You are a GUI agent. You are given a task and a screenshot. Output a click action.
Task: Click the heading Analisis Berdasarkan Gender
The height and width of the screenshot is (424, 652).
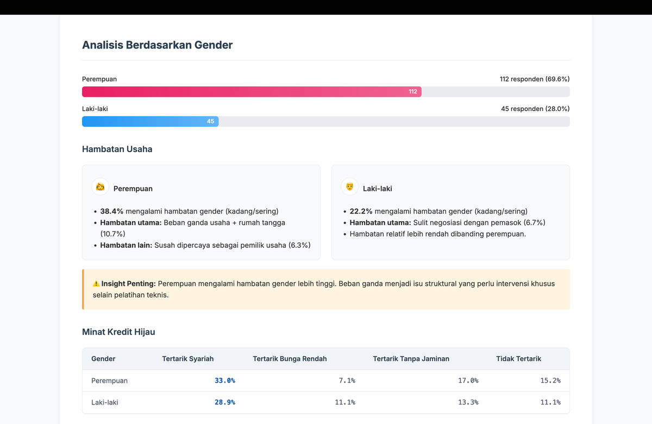[x=157, y=45]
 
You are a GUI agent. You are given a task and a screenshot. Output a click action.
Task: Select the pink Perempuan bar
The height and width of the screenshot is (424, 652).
[x=252, y=91]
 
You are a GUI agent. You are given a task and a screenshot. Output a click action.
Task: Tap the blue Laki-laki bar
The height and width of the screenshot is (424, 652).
[x=150, y=121]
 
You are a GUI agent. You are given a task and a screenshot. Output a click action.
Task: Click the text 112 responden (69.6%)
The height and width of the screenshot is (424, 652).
[x=535, y=79]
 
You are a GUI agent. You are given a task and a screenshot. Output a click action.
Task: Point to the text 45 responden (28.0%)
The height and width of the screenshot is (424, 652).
[x=535, y=109]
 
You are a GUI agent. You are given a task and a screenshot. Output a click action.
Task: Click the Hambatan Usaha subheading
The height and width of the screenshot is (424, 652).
[x=117, y=149]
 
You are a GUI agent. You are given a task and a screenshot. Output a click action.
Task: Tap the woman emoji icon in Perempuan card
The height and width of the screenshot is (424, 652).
[x=101, y=187]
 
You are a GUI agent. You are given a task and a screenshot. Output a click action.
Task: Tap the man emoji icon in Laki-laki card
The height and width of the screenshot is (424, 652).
[x=350, y=187]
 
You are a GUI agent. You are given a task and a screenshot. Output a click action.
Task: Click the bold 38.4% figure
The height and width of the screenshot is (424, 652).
[x=112, y=211]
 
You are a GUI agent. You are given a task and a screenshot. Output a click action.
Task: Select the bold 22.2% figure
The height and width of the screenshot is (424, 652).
[x=361, y=211]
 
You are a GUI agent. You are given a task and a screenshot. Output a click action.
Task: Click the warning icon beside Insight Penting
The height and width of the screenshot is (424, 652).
[x=96, y=284]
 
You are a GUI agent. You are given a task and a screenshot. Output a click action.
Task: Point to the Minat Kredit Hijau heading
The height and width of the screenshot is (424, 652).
[x=118, y=332]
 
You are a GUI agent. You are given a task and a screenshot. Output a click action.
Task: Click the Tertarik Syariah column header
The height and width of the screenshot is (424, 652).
[x=188, y=359]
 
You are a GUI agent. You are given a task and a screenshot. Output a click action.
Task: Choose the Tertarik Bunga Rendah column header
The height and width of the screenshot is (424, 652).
[x=290, y=359]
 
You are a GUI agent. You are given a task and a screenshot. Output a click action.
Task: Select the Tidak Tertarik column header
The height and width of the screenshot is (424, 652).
[x=518, y=359]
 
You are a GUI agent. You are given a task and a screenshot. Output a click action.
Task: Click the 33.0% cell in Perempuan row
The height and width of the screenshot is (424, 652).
[x=225, y=381]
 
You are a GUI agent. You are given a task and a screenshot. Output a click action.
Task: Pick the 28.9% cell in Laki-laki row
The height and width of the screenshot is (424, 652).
[x=225, y=402]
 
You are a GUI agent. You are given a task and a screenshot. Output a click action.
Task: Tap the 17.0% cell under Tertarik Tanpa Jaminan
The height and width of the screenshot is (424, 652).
[x=468, y=381]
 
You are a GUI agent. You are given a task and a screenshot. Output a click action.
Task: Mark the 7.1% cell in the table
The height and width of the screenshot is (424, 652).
[x=347, y=381]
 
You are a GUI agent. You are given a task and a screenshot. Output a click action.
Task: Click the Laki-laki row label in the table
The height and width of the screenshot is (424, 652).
[x=105, y=402]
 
